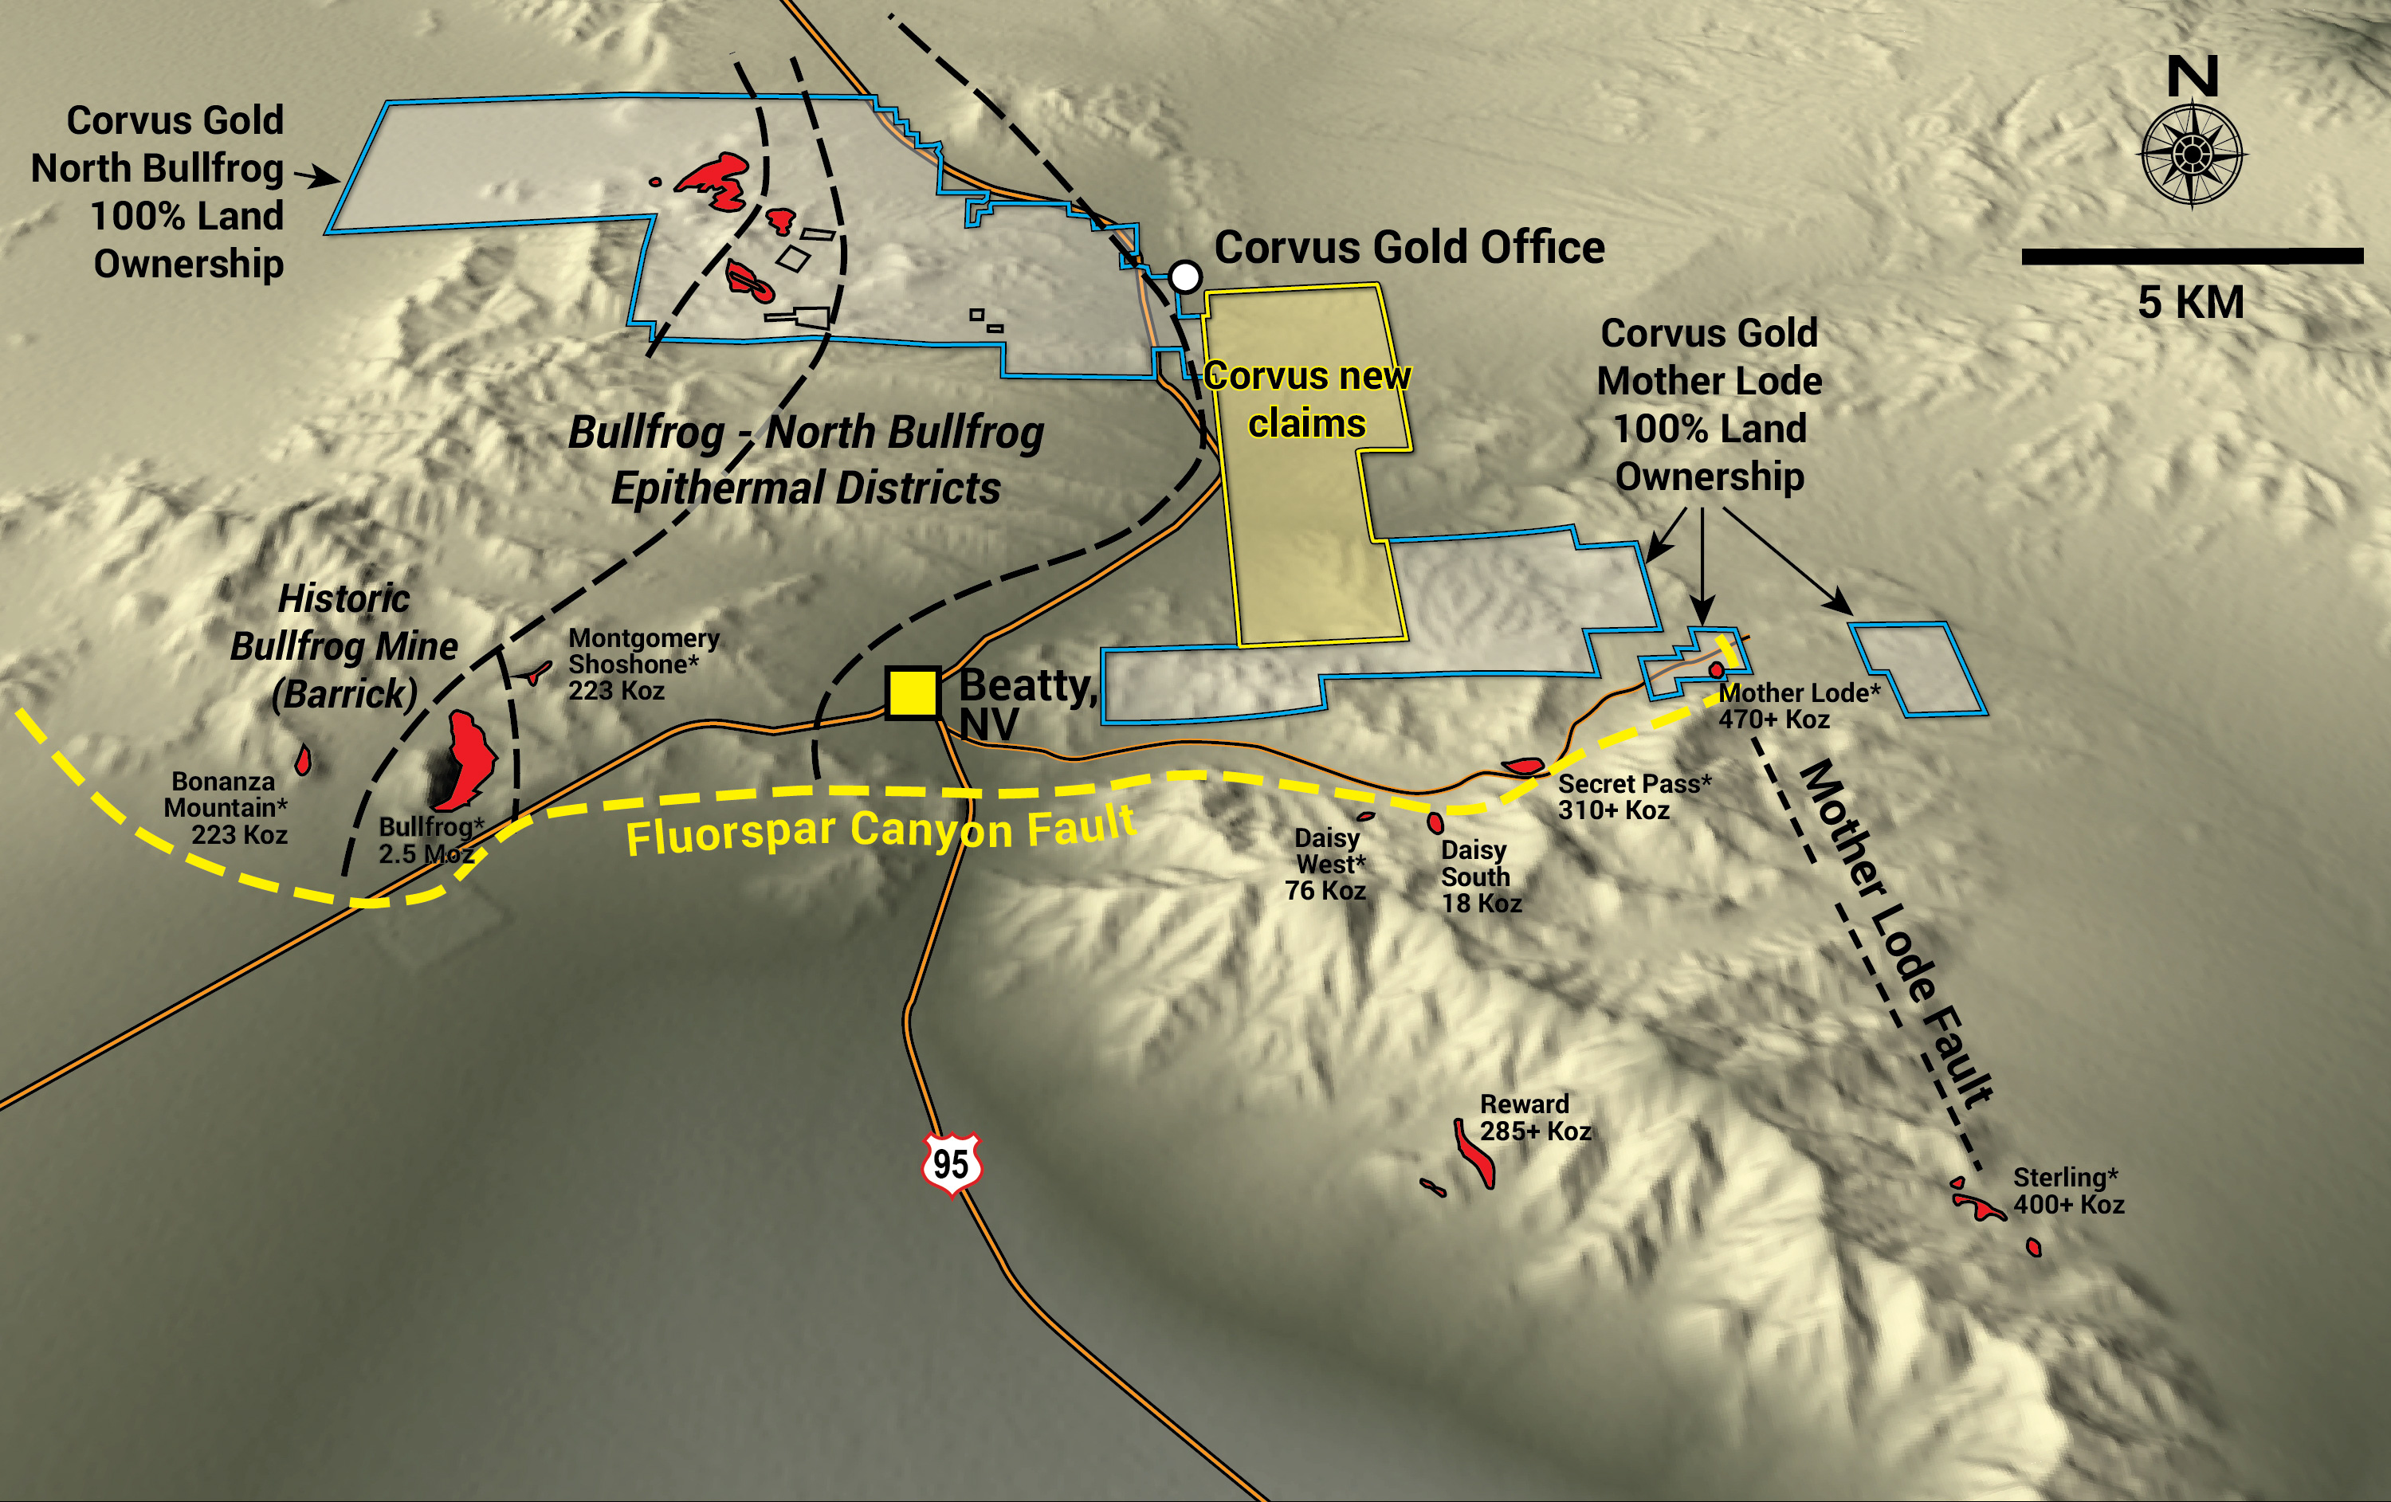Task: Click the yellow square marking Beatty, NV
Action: pyautogui.click(x=912, y=692)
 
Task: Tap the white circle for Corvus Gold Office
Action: pyautogui.click(x=1184, y=276)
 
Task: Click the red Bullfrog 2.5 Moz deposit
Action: pyautogui.click(x=467, y=759)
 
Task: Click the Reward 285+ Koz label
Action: pyautogui.click(x=1534, y=1117)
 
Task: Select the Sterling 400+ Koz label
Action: pyautogui.click(x=2067, y=1190)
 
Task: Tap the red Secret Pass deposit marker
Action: pyautogui.click(x=1522, y=766)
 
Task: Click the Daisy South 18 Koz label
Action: pyautogui.click(x=1479, y=876)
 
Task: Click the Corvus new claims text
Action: pyautogui.click(x=1307, y=399)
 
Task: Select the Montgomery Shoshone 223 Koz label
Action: pyautogui.click(x=642, y=664)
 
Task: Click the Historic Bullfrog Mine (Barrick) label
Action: pyautogui.click(x=344, y=645)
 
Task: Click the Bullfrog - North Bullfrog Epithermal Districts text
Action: pyautogui.click(x=805, y=460)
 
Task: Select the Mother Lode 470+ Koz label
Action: pyautogui.click(x=1797, y=705)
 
